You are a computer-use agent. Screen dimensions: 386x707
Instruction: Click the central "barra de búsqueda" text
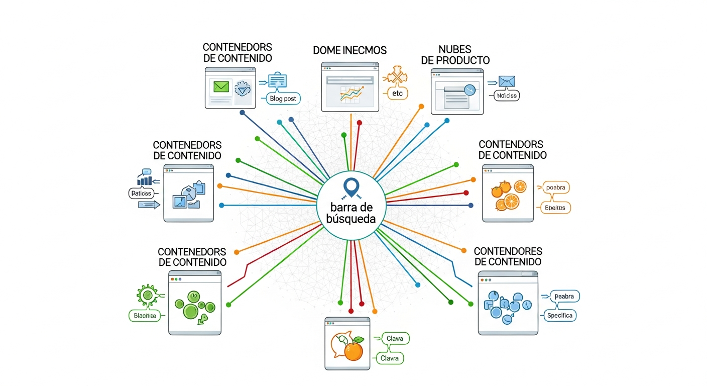tap(349, 213)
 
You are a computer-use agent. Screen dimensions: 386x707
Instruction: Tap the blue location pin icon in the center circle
tap(350, 187)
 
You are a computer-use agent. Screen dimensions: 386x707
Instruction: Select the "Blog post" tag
tap(283, 99)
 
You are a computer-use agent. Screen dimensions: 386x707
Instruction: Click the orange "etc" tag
tap(397, 93)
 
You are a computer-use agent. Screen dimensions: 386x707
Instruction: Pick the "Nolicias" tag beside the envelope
tap(506, 95)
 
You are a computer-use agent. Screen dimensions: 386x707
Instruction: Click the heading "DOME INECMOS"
tap(349, 50)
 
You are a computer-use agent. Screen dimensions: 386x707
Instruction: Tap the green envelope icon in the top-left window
tap(221, 86)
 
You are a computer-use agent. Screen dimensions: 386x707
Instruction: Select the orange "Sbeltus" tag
tap(554, 207)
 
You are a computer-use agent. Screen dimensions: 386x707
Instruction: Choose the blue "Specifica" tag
tap(561, 316)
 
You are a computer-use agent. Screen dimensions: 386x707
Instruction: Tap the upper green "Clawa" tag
tap(395, 339)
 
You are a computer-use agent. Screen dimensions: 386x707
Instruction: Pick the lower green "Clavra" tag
tap(390, 358)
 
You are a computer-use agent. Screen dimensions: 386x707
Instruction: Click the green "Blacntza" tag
tap(145, 316)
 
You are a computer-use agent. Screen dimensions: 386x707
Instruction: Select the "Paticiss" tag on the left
tap(143, 192)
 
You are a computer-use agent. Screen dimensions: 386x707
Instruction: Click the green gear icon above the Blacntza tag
tap(147, 296)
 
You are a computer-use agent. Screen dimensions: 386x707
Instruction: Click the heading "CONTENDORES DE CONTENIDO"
tap(508, 256)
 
